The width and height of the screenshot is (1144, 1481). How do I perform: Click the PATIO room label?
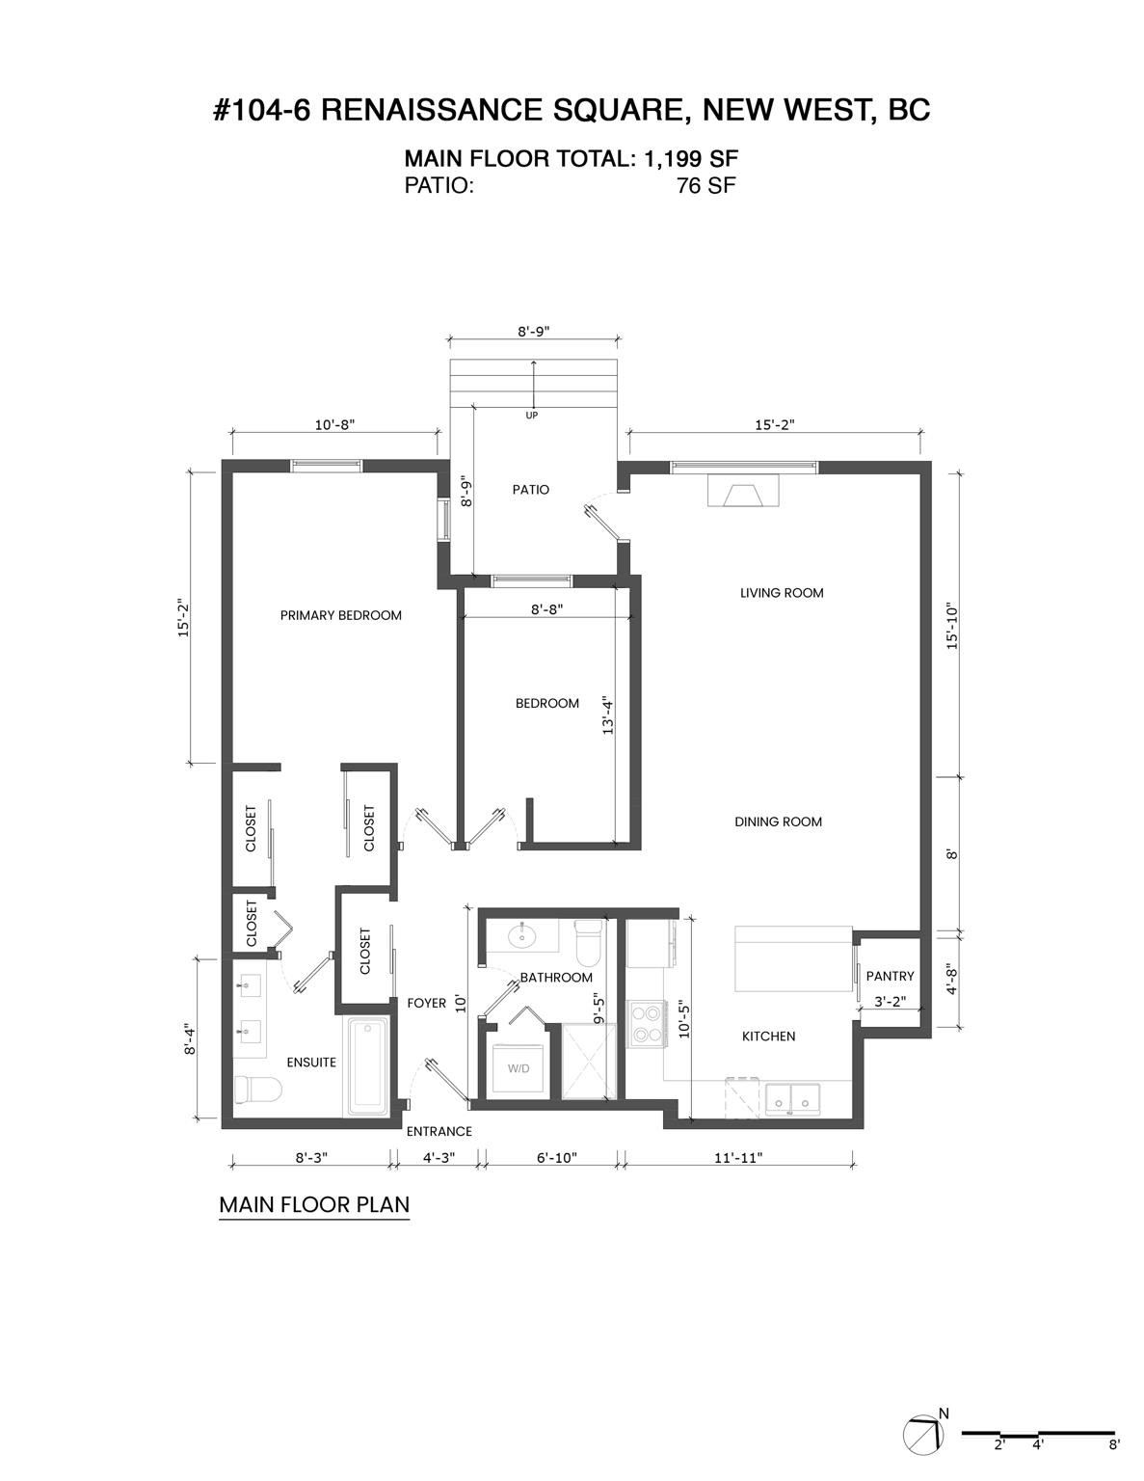coord(530,490)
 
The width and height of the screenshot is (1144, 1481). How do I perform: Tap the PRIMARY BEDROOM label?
coord(340,615)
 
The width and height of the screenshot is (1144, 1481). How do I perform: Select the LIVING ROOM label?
coord(782,593)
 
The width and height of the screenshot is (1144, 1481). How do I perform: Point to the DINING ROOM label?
coord(778,822)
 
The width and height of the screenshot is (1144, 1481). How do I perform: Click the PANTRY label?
coord(890,977)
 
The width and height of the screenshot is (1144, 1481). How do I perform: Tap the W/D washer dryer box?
coord(519,1068)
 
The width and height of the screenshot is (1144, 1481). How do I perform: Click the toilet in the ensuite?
coord(256,1091)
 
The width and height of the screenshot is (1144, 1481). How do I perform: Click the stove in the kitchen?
coord(645,1024)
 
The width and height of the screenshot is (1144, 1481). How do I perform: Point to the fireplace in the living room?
coord(741,492)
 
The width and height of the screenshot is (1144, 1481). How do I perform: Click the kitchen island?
coord(793,958)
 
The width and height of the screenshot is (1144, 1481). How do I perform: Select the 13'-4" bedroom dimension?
coord(607,716)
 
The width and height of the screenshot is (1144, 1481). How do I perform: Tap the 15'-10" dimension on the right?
coord(953,627)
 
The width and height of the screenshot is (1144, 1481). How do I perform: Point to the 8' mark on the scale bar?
coord(1114,1445)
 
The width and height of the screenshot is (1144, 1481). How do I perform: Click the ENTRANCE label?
coord(439,1132)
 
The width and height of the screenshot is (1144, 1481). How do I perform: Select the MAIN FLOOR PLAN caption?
coord(314,1205)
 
